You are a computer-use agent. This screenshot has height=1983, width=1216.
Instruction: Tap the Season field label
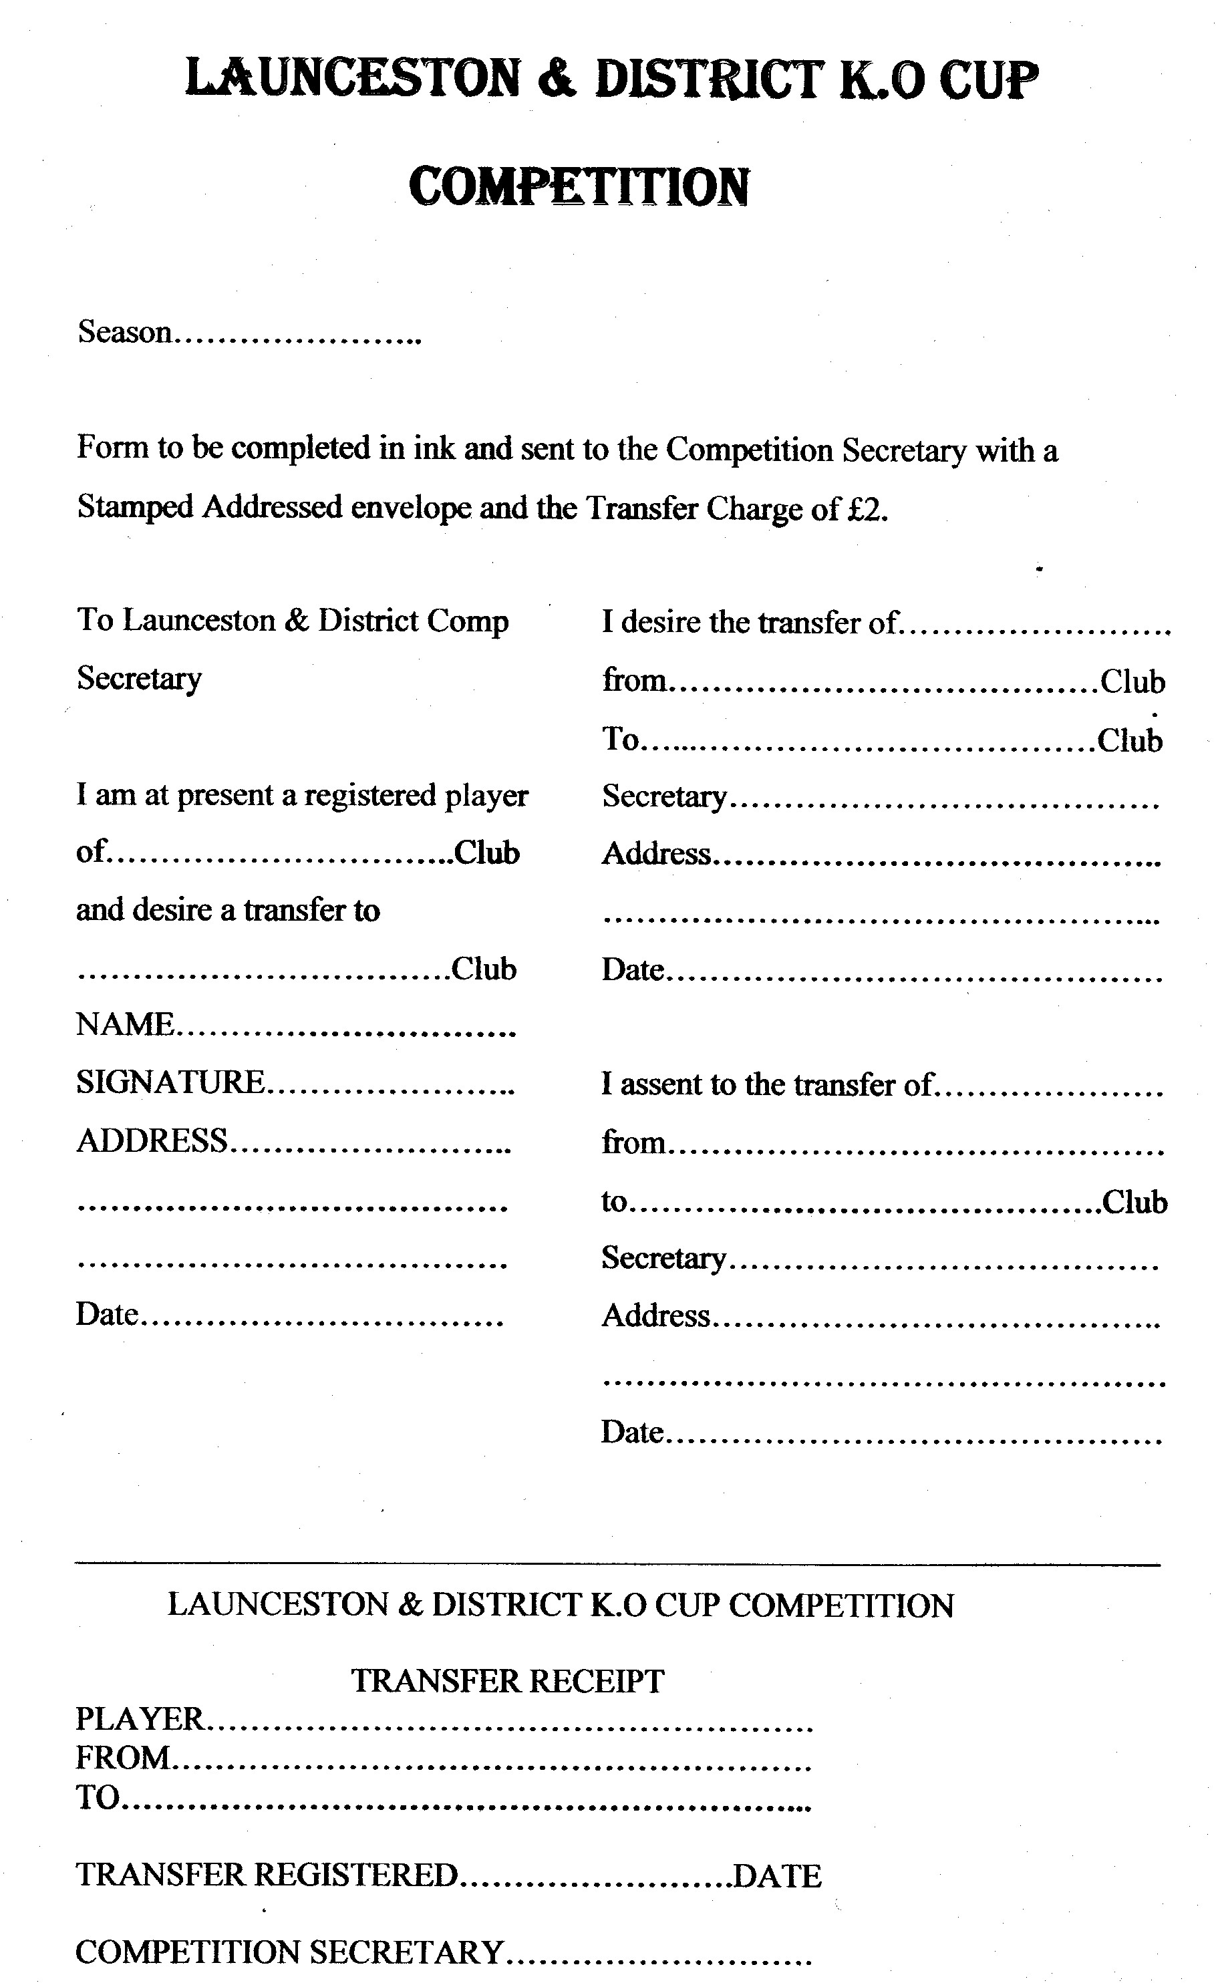pos(125,331)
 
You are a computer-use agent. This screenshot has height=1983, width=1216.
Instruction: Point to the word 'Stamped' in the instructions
pos(134,507)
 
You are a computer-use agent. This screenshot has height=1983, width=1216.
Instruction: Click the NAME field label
pos(125,1024)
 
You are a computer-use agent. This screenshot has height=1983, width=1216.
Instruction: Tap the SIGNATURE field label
pos(170,1082)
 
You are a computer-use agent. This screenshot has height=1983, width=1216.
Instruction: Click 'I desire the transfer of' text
pos(748,622)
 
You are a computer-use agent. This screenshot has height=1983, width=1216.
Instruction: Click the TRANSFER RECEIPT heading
pos(508,1680)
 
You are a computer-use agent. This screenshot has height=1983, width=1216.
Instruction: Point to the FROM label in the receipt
pos(123,1758)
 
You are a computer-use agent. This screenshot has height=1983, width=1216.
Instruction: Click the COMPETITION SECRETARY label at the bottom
pos(289,1952)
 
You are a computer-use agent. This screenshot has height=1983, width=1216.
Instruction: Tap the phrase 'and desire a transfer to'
pos(228,909)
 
